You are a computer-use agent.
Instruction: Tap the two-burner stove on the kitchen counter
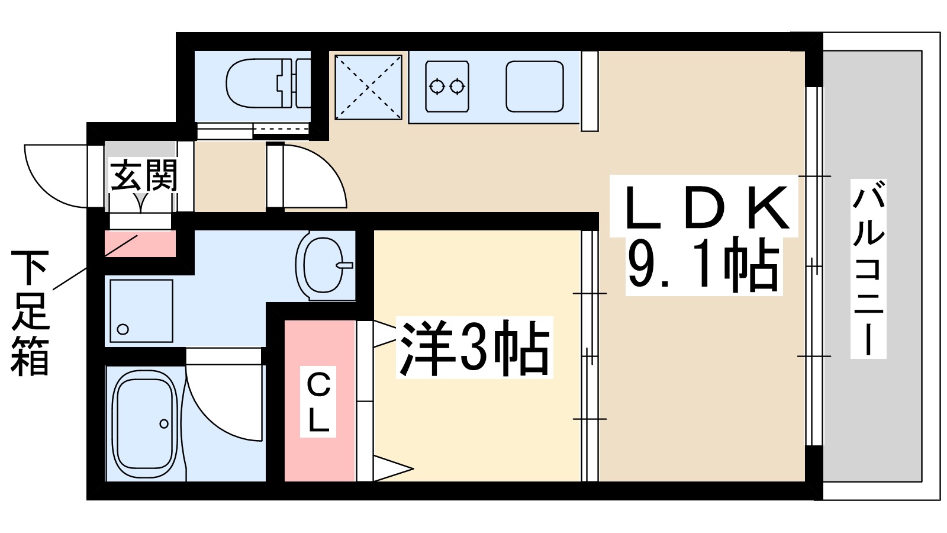click(x=447, y=86)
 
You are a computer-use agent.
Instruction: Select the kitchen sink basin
click(x=534, y=86)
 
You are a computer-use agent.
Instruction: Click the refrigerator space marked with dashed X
click(x=368, y=87)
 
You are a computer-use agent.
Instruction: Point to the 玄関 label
click(x=144, y=175)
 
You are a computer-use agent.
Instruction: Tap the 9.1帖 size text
click(x=703, y=265)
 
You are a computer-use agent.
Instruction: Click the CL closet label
click(x=318, y=403)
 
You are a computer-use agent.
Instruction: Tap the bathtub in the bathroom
click(x=145, y=423)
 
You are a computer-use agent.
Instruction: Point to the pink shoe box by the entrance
click(x=140, y=245)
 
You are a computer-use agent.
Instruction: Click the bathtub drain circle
click(x=164, y=423)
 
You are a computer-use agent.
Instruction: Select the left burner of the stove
click(x=437, y=86)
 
